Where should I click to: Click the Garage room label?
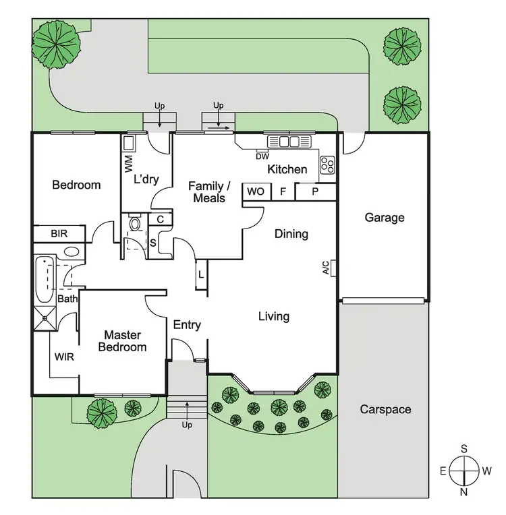click(x=385, y=217)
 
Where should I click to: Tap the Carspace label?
click(x=385, y=409)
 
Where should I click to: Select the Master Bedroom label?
click(x=122, y=341)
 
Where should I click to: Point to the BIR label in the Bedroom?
click(x=59, y=234)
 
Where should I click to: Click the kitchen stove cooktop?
click(x=327, y=163)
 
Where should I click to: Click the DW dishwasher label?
click(x=262, y=157)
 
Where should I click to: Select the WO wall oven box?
click(x=255, y=191)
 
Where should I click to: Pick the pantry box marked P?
click(x=315, y=191)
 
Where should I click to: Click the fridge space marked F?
click(x=283, y=191)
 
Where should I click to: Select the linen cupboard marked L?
click(x=201, y=274)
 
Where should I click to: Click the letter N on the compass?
click(x=465, y=492)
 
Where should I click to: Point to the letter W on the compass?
click(x=487, y=471)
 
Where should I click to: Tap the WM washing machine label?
click(x=128, y=162)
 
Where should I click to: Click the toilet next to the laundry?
click(x=134, y=224)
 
